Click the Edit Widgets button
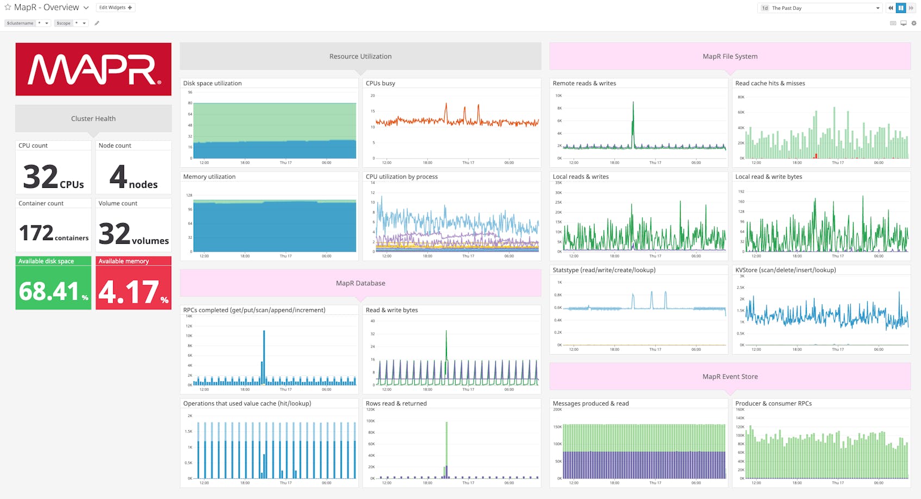click(x=115, y=8)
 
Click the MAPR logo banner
click(x=94, y=70)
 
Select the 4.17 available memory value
click(x=128, y=292)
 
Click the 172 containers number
click(x=36, y=233)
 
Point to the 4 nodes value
click(x=119, y=177)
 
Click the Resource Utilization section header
click(x=360, y=56)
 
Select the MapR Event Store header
click(x=730, y=376)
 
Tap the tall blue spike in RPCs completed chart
click(x=264, y=353)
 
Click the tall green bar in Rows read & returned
click(x=446, y=445)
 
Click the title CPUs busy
click(x=381, y=83)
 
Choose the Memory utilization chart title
click(x=209, y=176)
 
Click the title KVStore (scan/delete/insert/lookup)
click(x=785, y=270)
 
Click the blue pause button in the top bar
click(x=901, y=8)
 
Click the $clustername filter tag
click(x=20, y=23)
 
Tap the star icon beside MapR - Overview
click(x=8, y=7)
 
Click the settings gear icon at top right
click(x=914, y=23)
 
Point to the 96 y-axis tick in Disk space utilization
click(x=190, y=92)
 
